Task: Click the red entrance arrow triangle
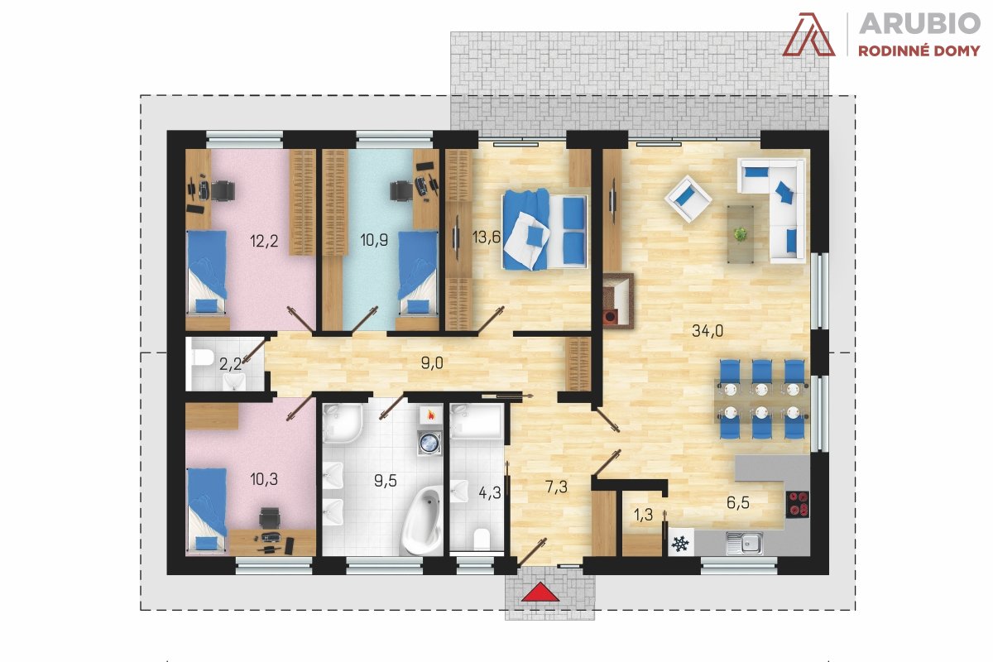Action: tap(540, 592)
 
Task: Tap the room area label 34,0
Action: tap(708, 331)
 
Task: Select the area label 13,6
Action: tap(487, 237)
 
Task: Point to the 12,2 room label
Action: tap(264, 241)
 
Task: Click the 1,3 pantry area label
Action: tap(643, 515)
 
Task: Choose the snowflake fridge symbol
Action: tap(681, 544)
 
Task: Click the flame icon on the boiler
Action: tap(429, 415)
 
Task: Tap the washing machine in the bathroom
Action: tap(429, 443)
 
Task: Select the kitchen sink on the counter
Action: tap(744, 543)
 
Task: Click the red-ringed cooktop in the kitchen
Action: tap(798, 505)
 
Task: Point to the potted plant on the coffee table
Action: tap(740, 234)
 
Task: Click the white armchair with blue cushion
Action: tap(688, 199)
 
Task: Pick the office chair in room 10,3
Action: tap(270, 518)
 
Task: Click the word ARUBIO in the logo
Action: tap(919, 23)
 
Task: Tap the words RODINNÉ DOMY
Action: tap(919, 51)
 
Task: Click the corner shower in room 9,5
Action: tap(342, 423)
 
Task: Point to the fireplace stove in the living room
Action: tap(618, 301)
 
